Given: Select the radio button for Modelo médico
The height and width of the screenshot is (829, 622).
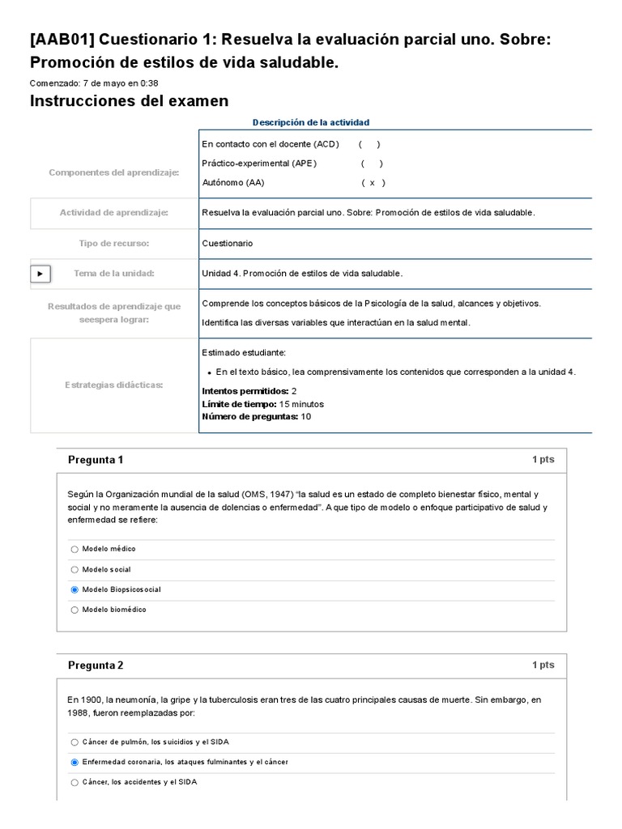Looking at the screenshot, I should (x=75, y=549).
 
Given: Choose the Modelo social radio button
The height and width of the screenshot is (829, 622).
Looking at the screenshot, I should (x=75, y=569).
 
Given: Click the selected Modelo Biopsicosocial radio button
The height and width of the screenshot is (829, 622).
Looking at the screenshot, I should (x=75, y=589).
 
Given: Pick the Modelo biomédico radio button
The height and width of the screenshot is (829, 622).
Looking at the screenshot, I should (x=75, y=610).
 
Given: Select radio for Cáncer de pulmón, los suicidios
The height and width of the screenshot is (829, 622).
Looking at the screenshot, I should (x=75, y=742).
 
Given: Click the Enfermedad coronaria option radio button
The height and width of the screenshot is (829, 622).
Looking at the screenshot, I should (x=75, y=762).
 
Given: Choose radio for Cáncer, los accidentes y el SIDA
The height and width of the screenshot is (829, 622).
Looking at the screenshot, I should (x=75, y=782).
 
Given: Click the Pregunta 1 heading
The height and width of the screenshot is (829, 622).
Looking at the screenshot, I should (x=96, y=460).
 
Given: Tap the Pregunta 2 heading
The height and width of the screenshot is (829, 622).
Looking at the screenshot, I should (x=96, y=665).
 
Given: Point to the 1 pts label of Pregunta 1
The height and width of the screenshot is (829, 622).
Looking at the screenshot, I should (x=543, y=460).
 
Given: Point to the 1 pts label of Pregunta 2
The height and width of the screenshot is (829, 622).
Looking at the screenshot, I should (x=543, y=665).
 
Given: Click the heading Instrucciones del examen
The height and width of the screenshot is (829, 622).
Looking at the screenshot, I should (x=129, y=101).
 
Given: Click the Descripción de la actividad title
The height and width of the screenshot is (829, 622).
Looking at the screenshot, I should (x=310, y=122).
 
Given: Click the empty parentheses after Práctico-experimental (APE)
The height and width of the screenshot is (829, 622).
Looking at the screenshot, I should (x=372, y=164).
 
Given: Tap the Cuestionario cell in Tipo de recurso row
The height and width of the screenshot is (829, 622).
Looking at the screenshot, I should (x=228, y=243).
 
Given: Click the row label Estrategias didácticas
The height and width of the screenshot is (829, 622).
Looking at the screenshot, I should (x=113, y=385).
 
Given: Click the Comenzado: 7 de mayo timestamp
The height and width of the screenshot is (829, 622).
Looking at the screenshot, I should (x=94, y=83).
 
